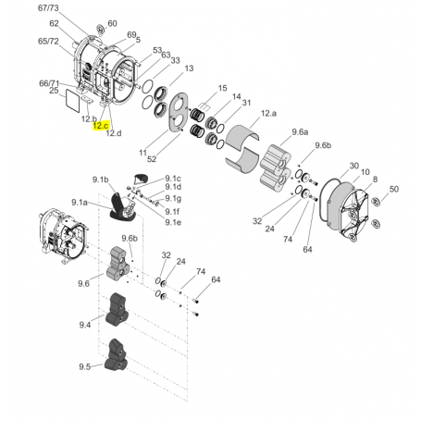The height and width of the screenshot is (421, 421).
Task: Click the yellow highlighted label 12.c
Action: (101, 125)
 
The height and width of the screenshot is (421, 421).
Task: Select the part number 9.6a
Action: (301, 132)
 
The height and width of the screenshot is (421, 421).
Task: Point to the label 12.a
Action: (269, 113)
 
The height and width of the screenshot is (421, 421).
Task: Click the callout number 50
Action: (393, 189)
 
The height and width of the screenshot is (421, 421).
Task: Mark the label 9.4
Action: (85, 325)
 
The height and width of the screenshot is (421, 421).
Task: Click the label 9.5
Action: (85, 366)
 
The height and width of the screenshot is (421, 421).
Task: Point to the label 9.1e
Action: (173, 222)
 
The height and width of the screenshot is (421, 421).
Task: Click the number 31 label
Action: (247, 102)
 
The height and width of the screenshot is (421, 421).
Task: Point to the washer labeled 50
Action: (376, 198)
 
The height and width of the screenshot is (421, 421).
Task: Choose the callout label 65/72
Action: (48, 42)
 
